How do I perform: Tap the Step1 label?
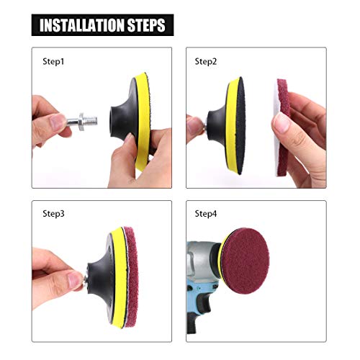pyautogui.click(x=53, y=63)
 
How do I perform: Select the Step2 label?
pyautogui.click(x=207, y=63)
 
